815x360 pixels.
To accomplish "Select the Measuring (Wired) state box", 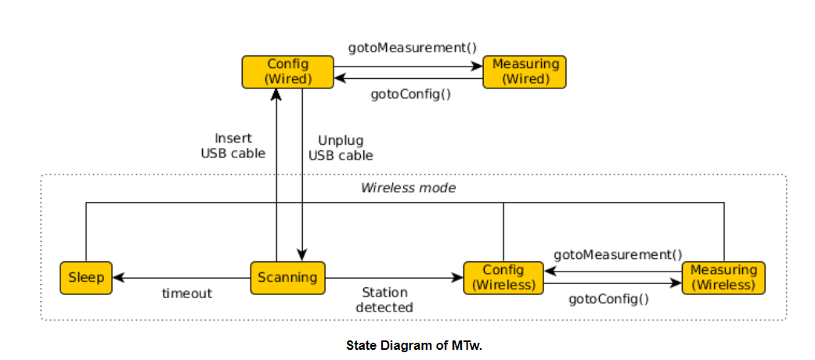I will pyautogui.click(x=524, y=72).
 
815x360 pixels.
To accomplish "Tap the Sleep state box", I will pyautogui.click(x=86, y=278).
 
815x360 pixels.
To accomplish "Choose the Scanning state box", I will pyautogui.click(x=287, y=278).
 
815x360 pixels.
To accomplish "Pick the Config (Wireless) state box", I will pyautogui.click(x=503, y=278).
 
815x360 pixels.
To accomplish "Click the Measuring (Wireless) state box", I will pyautogui.click(x=723, y=278).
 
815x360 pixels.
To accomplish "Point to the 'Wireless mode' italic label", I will pyautogui.click(x=408, y=188).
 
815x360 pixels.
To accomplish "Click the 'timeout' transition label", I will pyautogui.click(x=187, y=293).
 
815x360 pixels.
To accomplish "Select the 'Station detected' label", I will pyautogui.click(x=384, y=300).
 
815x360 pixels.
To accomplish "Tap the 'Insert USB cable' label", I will pyautogui.click(x=233, y=146).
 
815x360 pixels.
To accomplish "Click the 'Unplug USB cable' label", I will pyautogui.click(x=341, y=148).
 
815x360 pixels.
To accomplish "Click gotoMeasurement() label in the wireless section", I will pyautogui.click(x=618, y=254).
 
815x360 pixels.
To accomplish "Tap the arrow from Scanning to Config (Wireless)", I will pyautogui.click(x=391, y=278).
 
